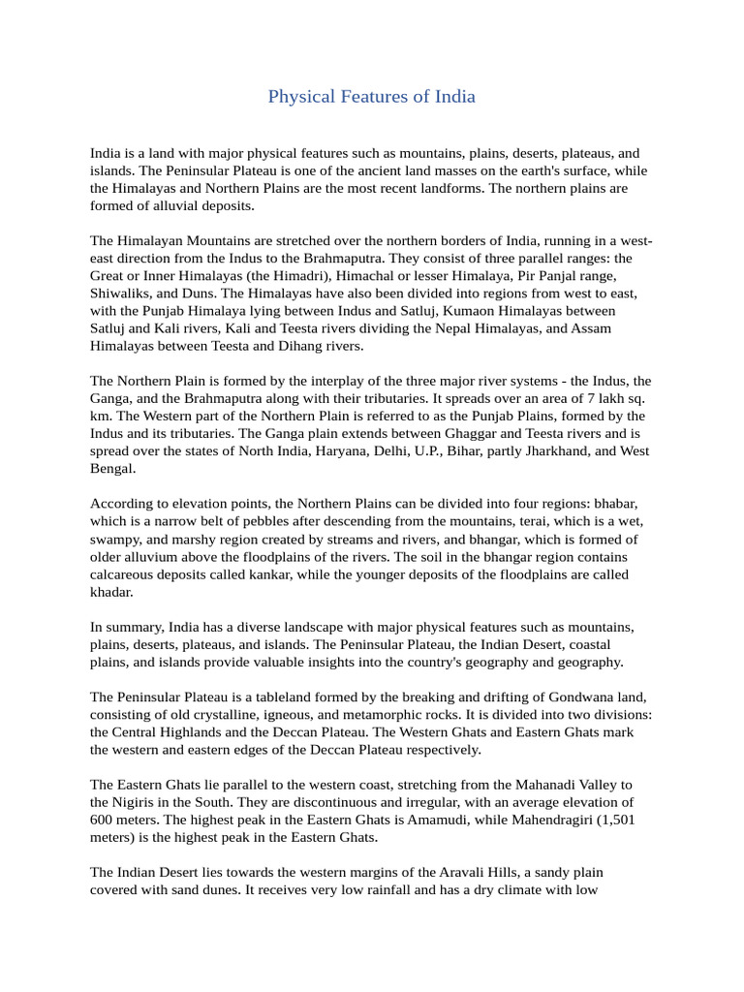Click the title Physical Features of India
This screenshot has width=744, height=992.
(x=371, y=97)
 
